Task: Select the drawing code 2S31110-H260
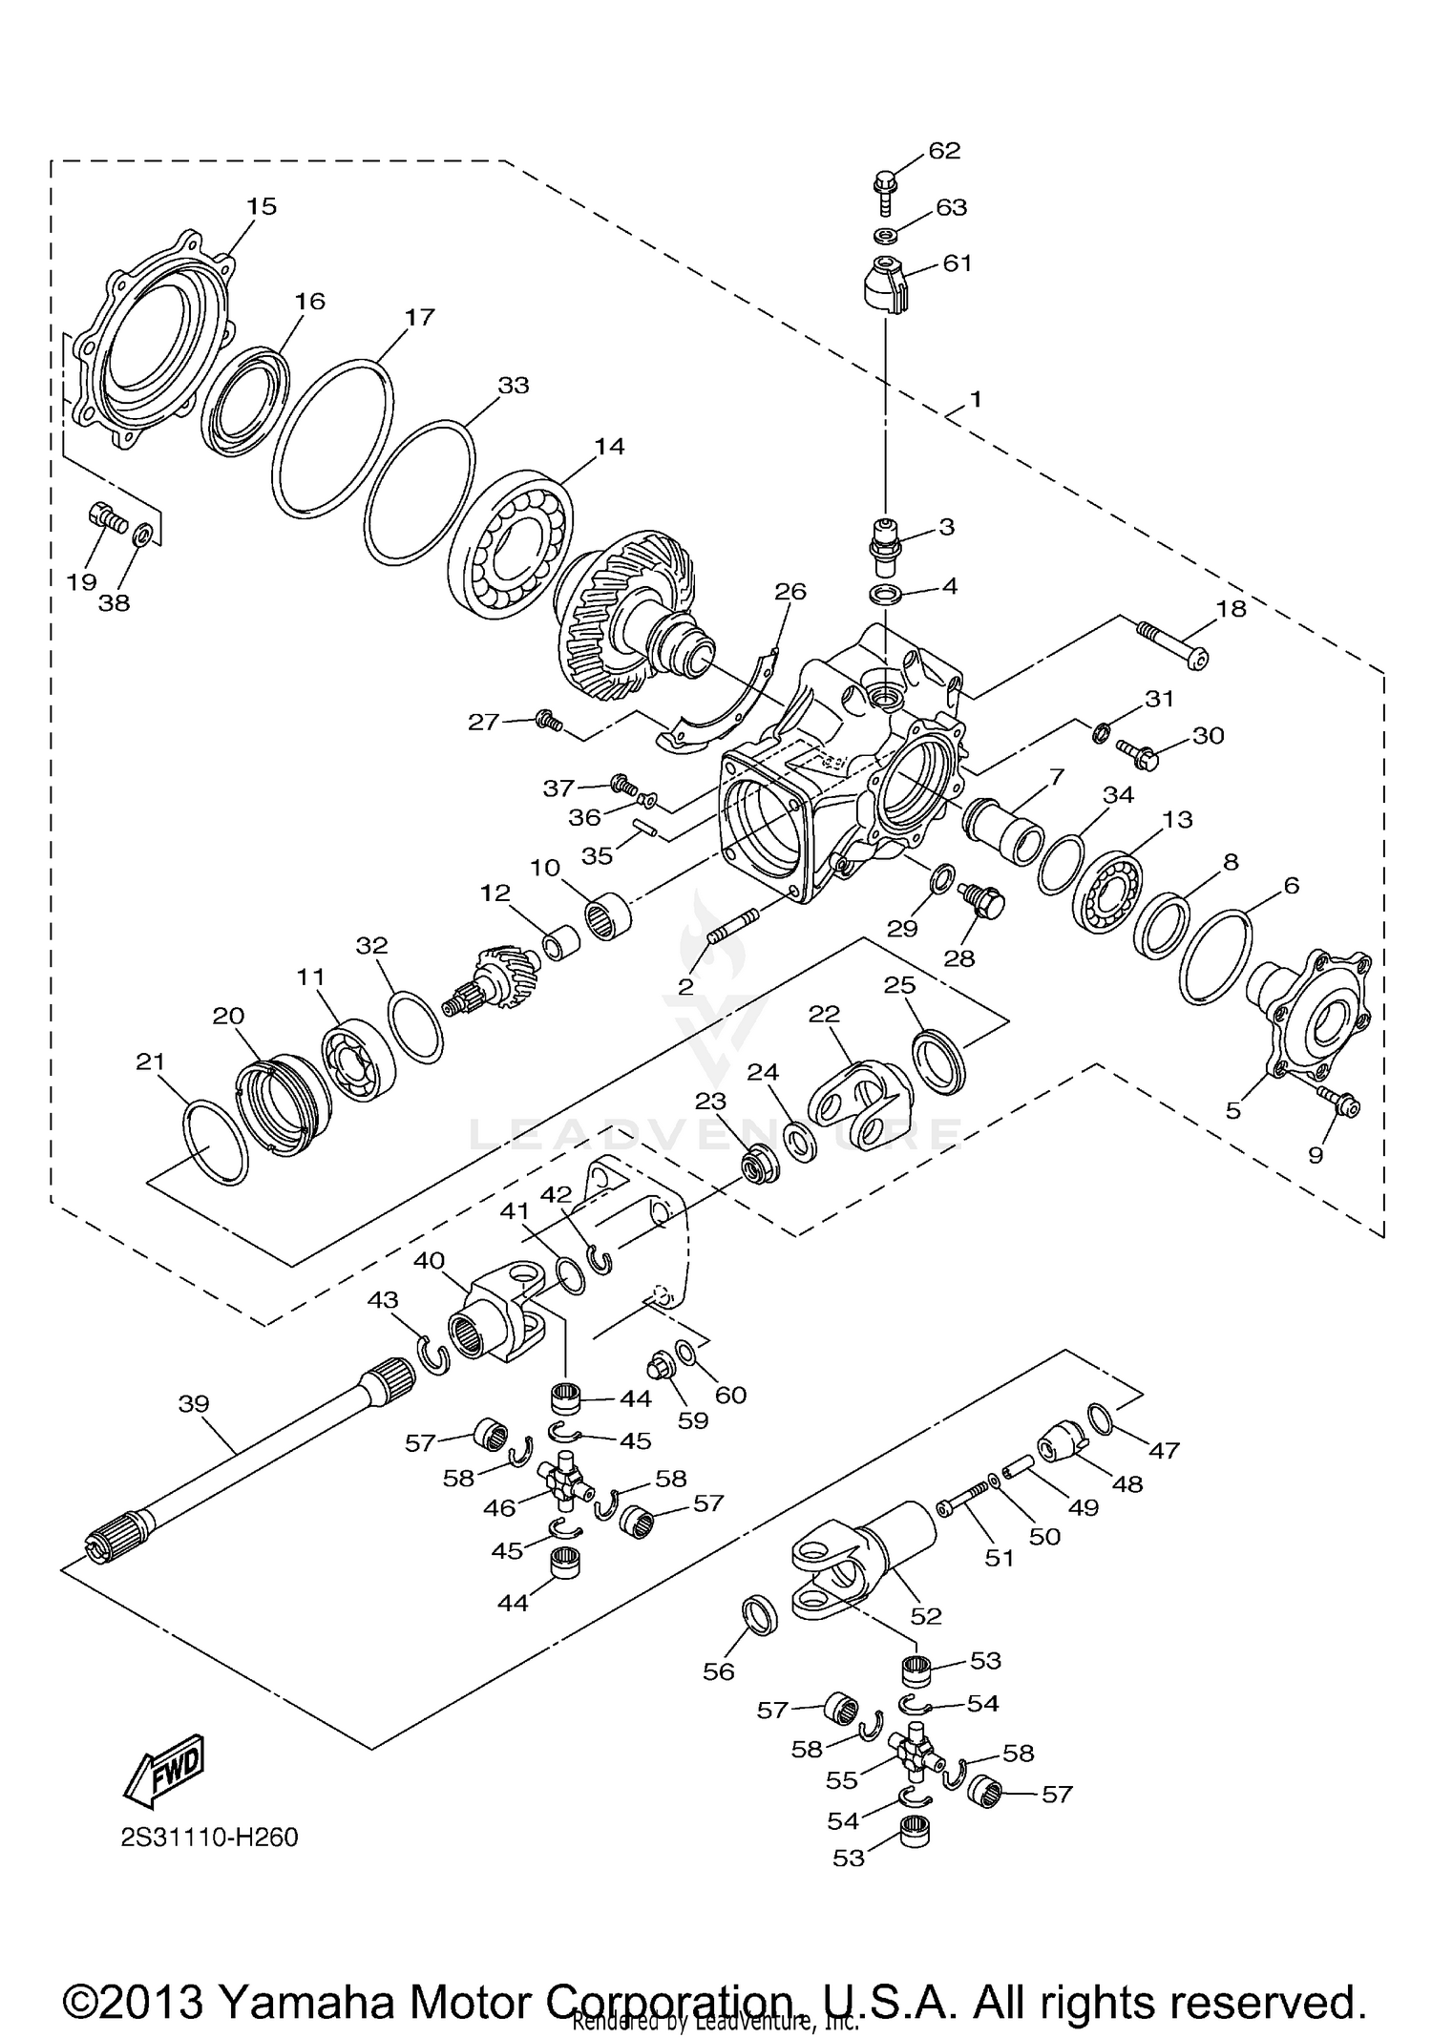(209, 1838)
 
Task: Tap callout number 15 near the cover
(261, 206)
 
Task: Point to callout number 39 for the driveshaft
(194, 1403)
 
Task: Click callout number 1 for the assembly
(976, 399)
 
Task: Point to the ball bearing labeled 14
(511, 543)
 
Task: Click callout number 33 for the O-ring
(514, 386)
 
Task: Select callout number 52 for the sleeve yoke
(926, 1615)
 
